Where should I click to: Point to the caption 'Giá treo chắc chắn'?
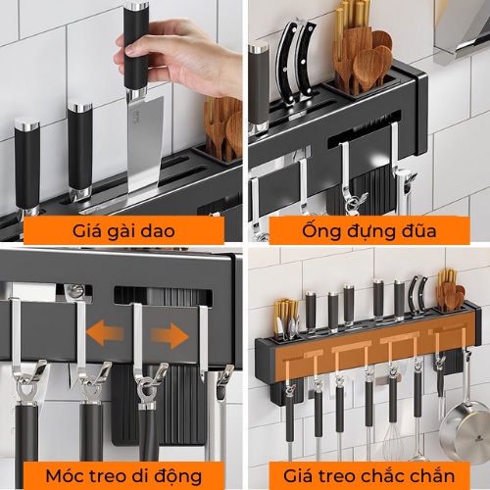click(x=367, y=475)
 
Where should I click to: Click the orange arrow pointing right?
click(x=170, y=336)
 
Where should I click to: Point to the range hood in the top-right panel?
click(x=461, y=29)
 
